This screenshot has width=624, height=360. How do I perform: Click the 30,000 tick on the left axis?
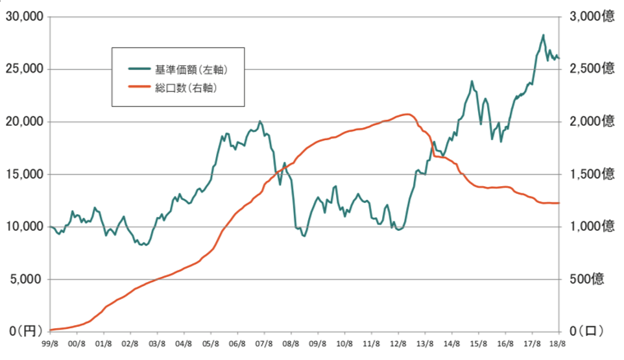coord(23,17)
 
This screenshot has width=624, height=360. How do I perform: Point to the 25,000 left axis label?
coord(23,69)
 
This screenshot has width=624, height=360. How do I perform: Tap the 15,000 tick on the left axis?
coord(23,174)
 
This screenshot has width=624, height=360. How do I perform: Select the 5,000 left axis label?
coord(27,280)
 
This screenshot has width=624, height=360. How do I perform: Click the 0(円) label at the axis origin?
coord(23,331)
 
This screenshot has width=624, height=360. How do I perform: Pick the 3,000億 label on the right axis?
coord(590,17)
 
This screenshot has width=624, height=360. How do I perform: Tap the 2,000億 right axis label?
coord(590,122)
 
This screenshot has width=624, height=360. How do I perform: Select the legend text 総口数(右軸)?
coord(184,87)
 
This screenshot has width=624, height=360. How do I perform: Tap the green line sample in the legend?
coord(139,69)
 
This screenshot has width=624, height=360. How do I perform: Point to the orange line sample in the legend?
coord(139,87)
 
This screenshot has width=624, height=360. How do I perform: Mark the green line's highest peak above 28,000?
coord(543,35)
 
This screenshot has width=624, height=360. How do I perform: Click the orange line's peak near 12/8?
coord(407,114)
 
